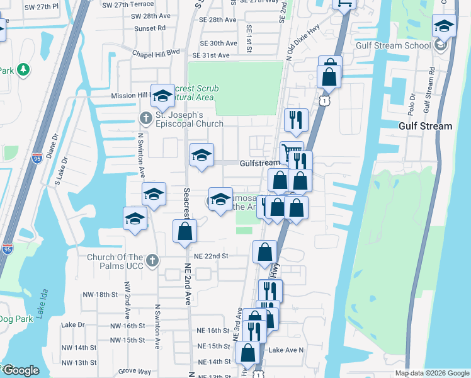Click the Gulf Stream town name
click(x=425, y=126)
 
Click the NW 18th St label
click(x=100, y=294)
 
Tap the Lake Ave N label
click(x=286, y=350)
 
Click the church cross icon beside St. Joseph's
click(x=145, y=118)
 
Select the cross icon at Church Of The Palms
click(x=151, y=260)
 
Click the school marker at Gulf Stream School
click(x=444, y=28)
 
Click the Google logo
click(x=20, y=370)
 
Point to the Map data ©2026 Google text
click(x=431, y=373)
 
